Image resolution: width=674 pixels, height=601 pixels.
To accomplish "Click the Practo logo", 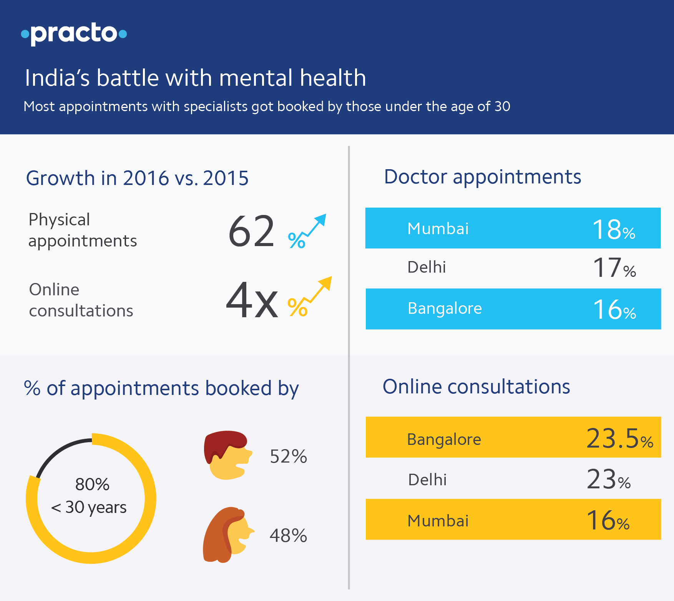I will pyautogui.click(x=74, y=33).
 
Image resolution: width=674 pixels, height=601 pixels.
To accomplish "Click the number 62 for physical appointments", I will pyautogui.click(x=251, y=231).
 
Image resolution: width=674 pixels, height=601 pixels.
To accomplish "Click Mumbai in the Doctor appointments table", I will pyautogui.click(x=438, y=229).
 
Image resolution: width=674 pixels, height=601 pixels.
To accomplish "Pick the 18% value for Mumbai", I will pyautogui.click(x=613, y=230).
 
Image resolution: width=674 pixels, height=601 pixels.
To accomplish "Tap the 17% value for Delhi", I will pyautogui.click(x=614, y=268).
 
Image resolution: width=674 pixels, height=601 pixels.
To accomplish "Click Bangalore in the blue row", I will pyautogui.click(x=445, y=309).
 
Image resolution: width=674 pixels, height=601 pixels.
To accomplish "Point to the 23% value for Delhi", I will pyautogui.click(x=609, y=480).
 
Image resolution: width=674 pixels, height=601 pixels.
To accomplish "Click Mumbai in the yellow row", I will pyautogui.click(x=438, y=521).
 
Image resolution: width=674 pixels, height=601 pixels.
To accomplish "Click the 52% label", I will pyautogui.click(x=288, y=457).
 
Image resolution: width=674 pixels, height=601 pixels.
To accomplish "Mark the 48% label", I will pyautogui.click(x=288, y=536).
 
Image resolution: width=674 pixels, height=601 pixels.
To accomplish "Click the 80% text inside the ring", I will pyautogui.click(x=92, y=484).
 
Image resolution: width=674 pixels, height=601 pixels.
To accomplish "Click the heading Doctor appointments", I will pyautogui.click(x=482, y=177).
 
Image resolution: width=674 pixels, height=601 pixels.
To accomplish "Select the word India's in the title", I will pyautogui.click(x=57, y=78).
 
